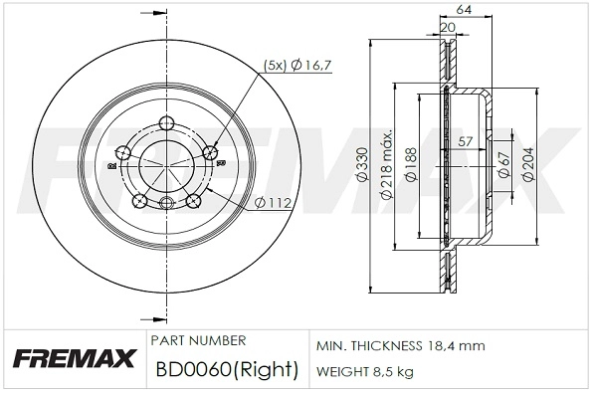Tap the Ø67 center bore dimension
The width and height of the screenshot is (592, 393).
(x=505, y=165)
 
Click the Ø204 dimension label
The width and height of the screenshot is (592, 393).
(x=530, y=165)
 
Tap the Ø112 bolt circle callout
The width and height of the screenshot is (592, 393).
(x=272, y=204)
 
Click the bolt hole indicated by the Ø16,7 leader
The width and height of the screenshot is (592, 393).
(x=210, y=152)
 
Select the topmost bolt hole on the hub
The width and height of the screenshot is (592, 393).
(x=166, y=124)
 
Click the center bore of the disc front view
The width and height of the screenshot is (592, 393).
(x=166, y=165)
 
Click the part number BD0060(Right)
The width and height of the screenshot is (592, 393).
(x=227, y=371)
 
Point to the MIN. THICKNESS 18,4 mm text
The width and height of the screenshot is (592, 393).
(x=400, y=345)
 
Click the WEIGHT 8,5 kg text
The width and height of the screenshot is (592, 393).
(x=366, y=373)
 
